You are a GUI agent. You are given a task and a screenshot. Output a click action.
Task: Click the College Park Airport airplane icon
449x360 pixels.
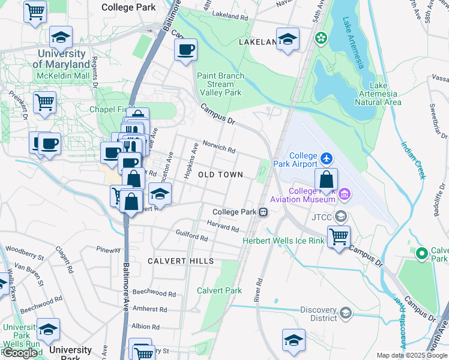pyautogui.click(x=326, y=158)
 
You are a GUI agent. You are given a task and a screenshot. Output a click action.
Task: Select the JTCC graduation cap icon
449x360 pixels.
pyautogui.click(x=341, y=216)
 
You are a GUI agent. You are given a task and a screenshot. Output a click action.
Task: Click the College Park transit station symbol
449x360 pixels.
pyautogui.click(x=263, y=212)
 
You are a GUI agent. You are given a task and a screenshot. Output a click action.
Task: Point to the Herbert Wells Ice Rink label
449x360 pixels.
pyautogui.click(x=283, y=241)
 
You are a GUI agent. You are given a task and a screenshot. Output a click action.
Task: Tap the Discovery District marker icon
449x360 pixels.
pyautogui.click(x=345, y=313)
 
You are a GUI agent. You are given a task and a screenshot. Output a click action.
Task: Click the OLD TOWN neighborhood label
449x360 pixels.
pyautogui.click(x=220, y=175)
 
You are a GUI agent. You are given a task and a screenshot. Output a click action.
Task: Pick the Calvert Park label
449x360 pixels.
pyautogui.click(x=220, y=290)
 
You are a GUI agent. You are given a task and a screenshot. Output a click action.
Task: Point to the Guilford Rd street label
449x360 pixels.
pyautogui.click(x=191, y=235)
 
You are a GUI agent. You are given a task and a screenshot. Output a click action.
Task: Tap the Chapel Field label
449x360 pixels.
pyautogui.click(x=111, y=109)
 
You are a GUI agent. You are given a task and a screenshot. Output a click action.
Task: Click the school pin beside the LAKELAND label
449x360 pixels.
pyautogui.click(x=288, y=39)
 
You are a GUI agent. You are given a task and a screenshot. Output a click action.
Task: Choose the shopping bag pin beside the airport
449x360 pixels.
pyautogui.click(x=325, y=179)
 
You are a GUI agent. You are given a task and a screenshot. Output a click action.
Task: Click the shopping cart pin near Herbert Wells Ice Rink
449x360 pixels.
pyautogui.click(x=339, y=237)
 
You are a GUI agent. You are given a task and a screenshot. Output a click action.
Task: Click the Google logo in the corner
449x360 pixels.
pyautogui.click(x=20, y=353)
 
